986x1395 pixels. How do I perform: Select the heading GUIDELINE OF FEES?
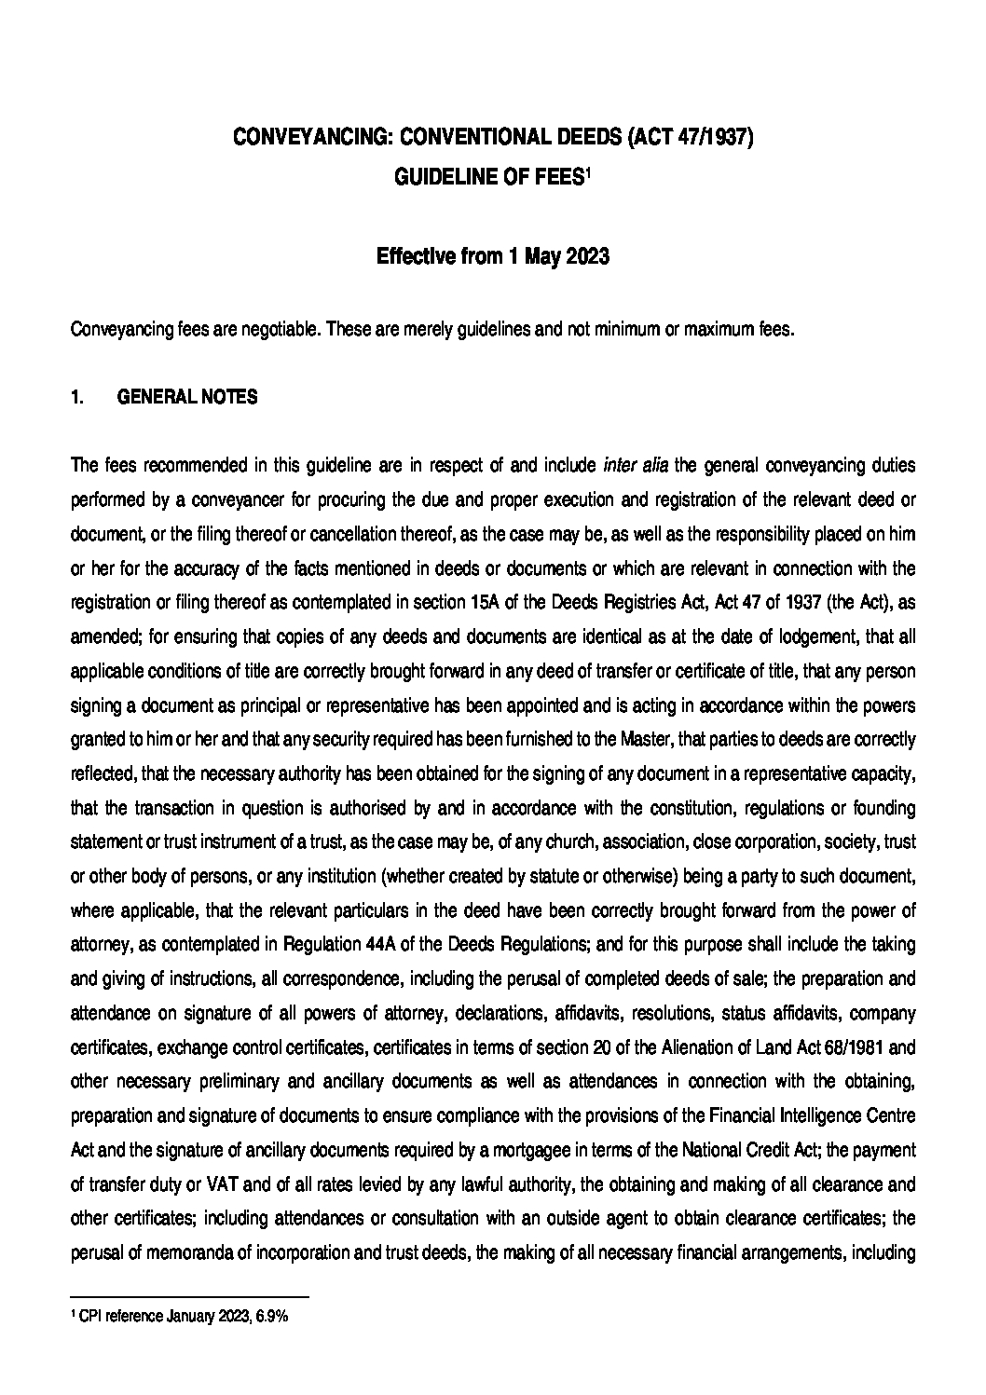click(x=488, y=177)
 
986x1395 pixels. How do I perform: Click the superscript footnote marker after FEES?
click(x=587, y=171)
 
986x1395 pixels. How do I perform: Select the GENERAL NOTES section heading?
click(x=187, y=398)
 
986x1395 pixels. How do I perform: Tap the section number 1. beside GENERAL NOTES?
click(x=77, y=398)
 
